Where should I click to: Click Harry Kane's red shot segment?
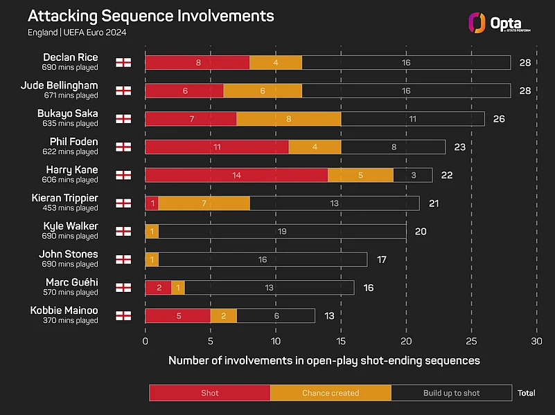click(x=236, y=175)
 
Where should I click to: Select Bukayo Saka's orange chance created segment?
click(x=289, y=119)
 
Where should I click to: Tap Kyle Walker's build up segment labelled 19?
click(x=282, y=231)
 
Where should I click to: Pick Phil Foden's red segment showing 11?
click(x=217, y=147)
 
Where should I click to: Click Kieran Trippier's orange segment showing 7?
click(x=204, y=203)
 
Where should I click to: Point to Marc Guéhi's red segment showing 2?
click(x=159, y=288)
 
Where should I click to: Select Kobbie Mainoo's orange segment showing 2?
click(x=224, y=316)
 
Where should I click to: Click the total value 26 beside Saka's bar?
click(x=499, y=119)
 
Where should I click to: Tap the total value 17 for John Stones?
click(x=382, y=259)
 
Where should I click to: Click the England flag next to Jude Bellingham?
click(x=123, y=91)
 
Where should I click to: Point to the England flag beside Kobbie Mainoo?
click(x=123, y=316)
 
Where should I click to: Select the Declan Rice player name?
click(x=71, y=57)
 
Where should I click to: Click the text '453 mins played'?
click(x=71, y=208)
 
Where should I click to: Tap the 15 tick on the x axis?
click(x=341, y=341)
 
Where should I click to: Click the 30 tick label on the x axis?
click(x=536, y=341)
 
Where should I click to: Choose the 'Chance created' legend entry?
click(x=331, y=393)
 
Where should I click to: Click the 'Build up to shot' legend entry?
click(x=452, y=393)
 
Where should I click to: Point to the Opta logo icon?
click(x=477, y=23)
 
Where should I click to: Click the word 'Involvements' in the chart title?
click(x=225, y=16)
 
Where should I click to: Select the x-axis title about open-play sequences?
click(x=324, y=360)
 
